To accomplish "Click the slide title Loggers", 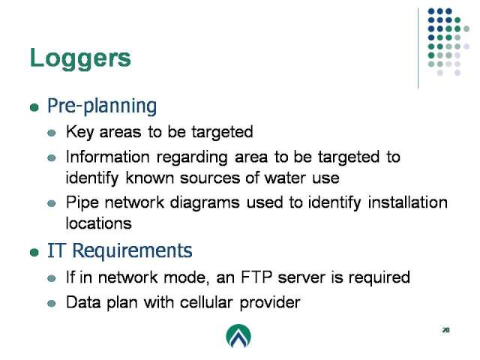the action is [x=80, y=58].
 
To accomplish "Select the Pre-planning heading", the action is [x=102, y=106].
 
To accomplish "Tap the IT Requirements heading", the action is [x=120, y=250].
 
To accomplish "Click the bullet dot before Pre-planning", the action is [x=34, y=107].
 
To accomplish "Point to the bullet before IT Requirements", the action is [x=34, y=253].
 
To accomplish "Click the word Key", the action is [x=79, y=132].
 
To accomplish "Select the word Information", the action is [x=107, y=157].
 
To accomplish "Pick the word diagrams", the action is [x=205, y=202].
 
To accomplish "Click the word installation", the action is [x=407, y=202].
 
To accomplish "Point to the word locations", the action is [x=98, y=223].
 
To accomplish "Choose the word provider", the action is [x=270, y=303].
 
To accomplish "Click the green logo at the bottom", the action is [x=238, y=336].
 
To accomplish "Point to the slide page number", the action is [x=445, y=330].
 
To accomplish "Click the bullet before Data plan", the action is [x=52, y=303].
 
